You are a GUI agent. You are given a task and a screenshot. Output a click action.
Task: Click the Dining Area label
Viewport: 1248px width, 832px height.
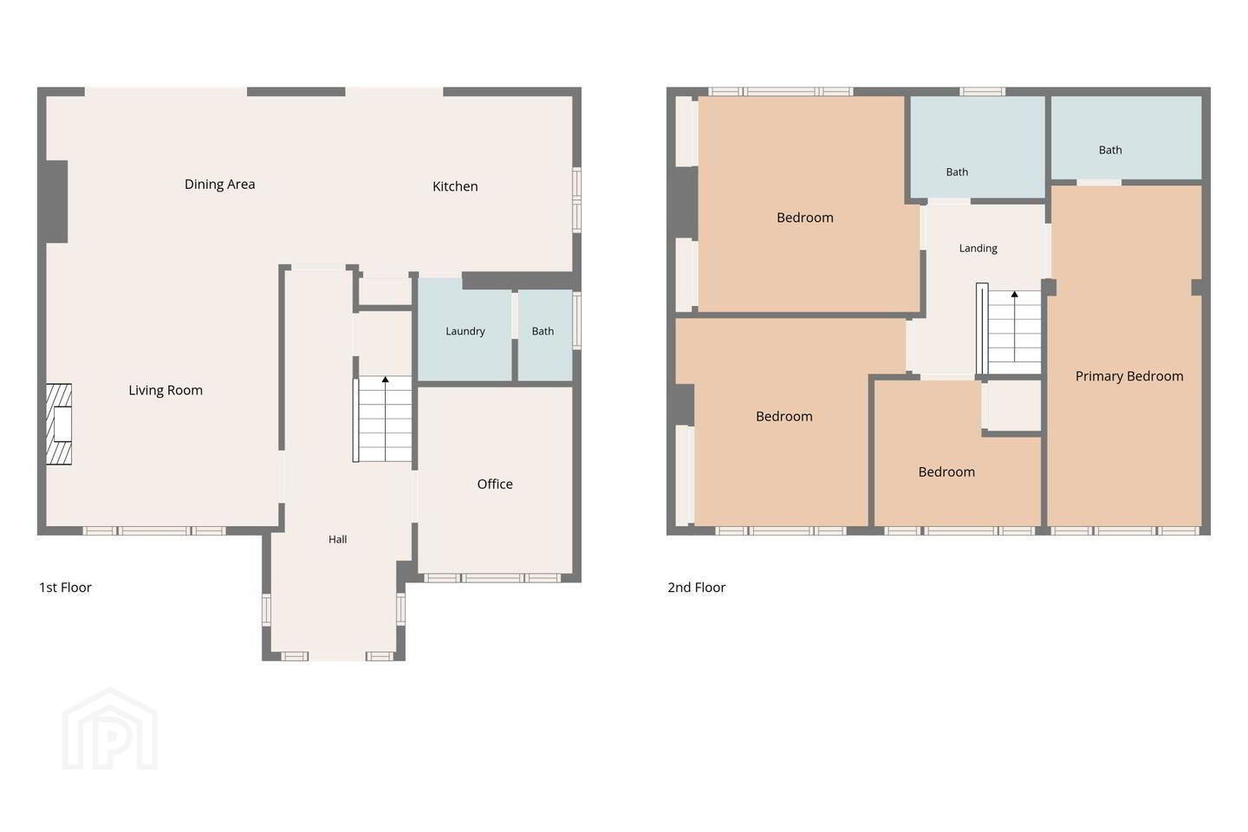tap(219, 185)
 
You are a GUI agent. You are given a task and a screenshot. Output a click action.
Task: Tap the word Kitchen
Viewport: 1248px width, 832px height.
tap(455, 186)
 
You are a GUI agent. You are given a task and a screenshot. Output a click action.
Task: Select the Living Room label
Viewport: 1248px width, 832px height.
tap(166, 391)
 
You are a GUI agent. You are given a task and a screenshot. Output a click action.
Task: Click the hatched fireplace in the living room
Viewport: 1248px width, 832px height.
tap(59, 424)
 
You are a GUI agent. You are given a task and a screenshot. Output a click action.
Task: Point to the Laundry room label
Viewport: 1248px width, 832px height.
tap(465, 332)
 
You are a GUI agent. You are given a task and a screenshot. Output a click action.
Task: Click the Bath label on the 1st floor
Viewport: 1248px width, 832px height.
tap(543, 332)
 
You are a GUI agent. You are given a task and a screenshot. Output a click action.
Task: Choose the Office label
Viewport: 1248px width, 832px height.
tap(495, 484)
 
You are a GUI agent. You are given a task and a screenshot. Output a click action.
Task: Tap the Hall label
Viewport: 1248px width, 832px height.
tap(338, 539)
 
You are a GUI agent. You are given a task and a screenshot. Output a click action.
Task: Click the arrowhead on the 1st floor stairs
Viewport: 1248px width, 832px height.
tap(385, 380)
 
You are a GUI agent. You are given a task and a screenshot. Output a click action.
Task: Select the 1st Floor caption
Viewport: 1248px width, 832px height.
tap(65, 588)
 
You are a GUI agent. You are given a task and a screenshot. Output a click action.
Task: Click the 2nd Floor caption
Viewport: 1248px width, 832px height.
tap(697, 588)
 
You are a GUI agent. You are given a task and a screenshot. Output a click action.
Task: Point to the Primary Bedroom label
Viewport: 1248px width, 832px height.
tap(1129, 377)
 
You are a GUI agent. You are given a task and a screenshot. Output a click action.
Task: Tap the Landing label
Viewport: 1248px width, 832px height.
tap(978, 249)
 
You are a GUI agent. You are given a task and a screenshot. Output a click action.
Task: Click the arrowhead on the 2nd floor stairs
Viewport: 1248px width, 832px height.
tap(1015, 295)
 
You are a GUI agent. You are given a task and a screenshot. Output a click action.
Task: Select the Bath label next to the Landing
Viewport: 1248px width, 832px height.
tap(957, 172)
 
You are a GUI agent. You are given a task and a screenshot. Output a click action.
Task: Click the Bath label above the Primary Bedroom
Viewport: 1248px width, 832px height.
tap(1110, 151)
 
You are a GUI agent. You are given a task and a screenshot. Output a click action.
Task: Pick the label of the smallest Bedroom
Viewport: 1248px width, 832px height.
tap(946, 472)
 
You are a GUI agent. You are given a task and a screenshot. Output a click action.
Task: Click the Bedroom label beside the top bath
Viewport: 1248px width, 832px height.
tap(805, 218)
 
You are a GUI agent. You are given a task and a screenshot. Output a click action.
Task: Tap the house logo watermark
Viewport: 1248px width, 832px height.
tap(110, 730)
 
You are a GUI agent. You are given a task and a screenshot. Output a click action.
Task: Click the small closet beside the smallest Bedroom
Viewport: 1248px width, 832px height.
tap(1011, 405)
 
